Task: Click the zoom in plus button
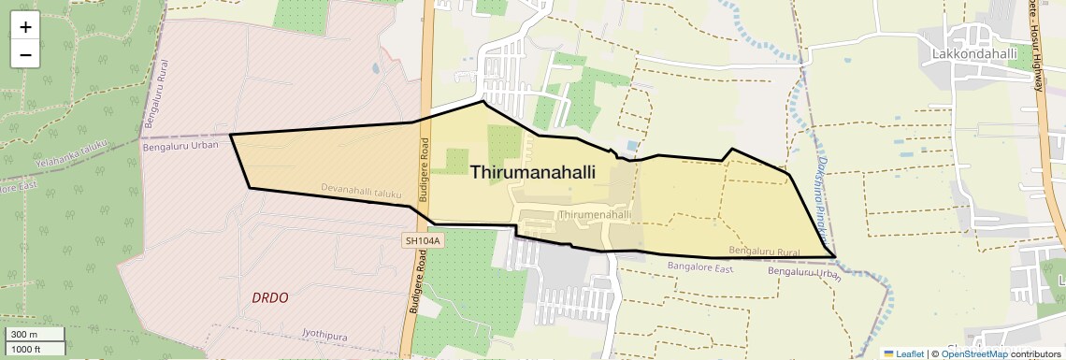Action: click(25, 27)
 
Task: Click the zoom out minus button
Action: click(25, 54)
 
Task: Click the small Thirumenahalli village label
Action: click(594, 214)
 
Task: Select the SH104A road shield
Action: click(422, 241)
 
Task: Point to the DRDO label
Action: click(270, 297)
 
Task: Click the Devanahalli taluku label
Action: click(361, 192)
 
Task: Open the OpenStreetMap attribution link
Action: click(973, 353)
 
